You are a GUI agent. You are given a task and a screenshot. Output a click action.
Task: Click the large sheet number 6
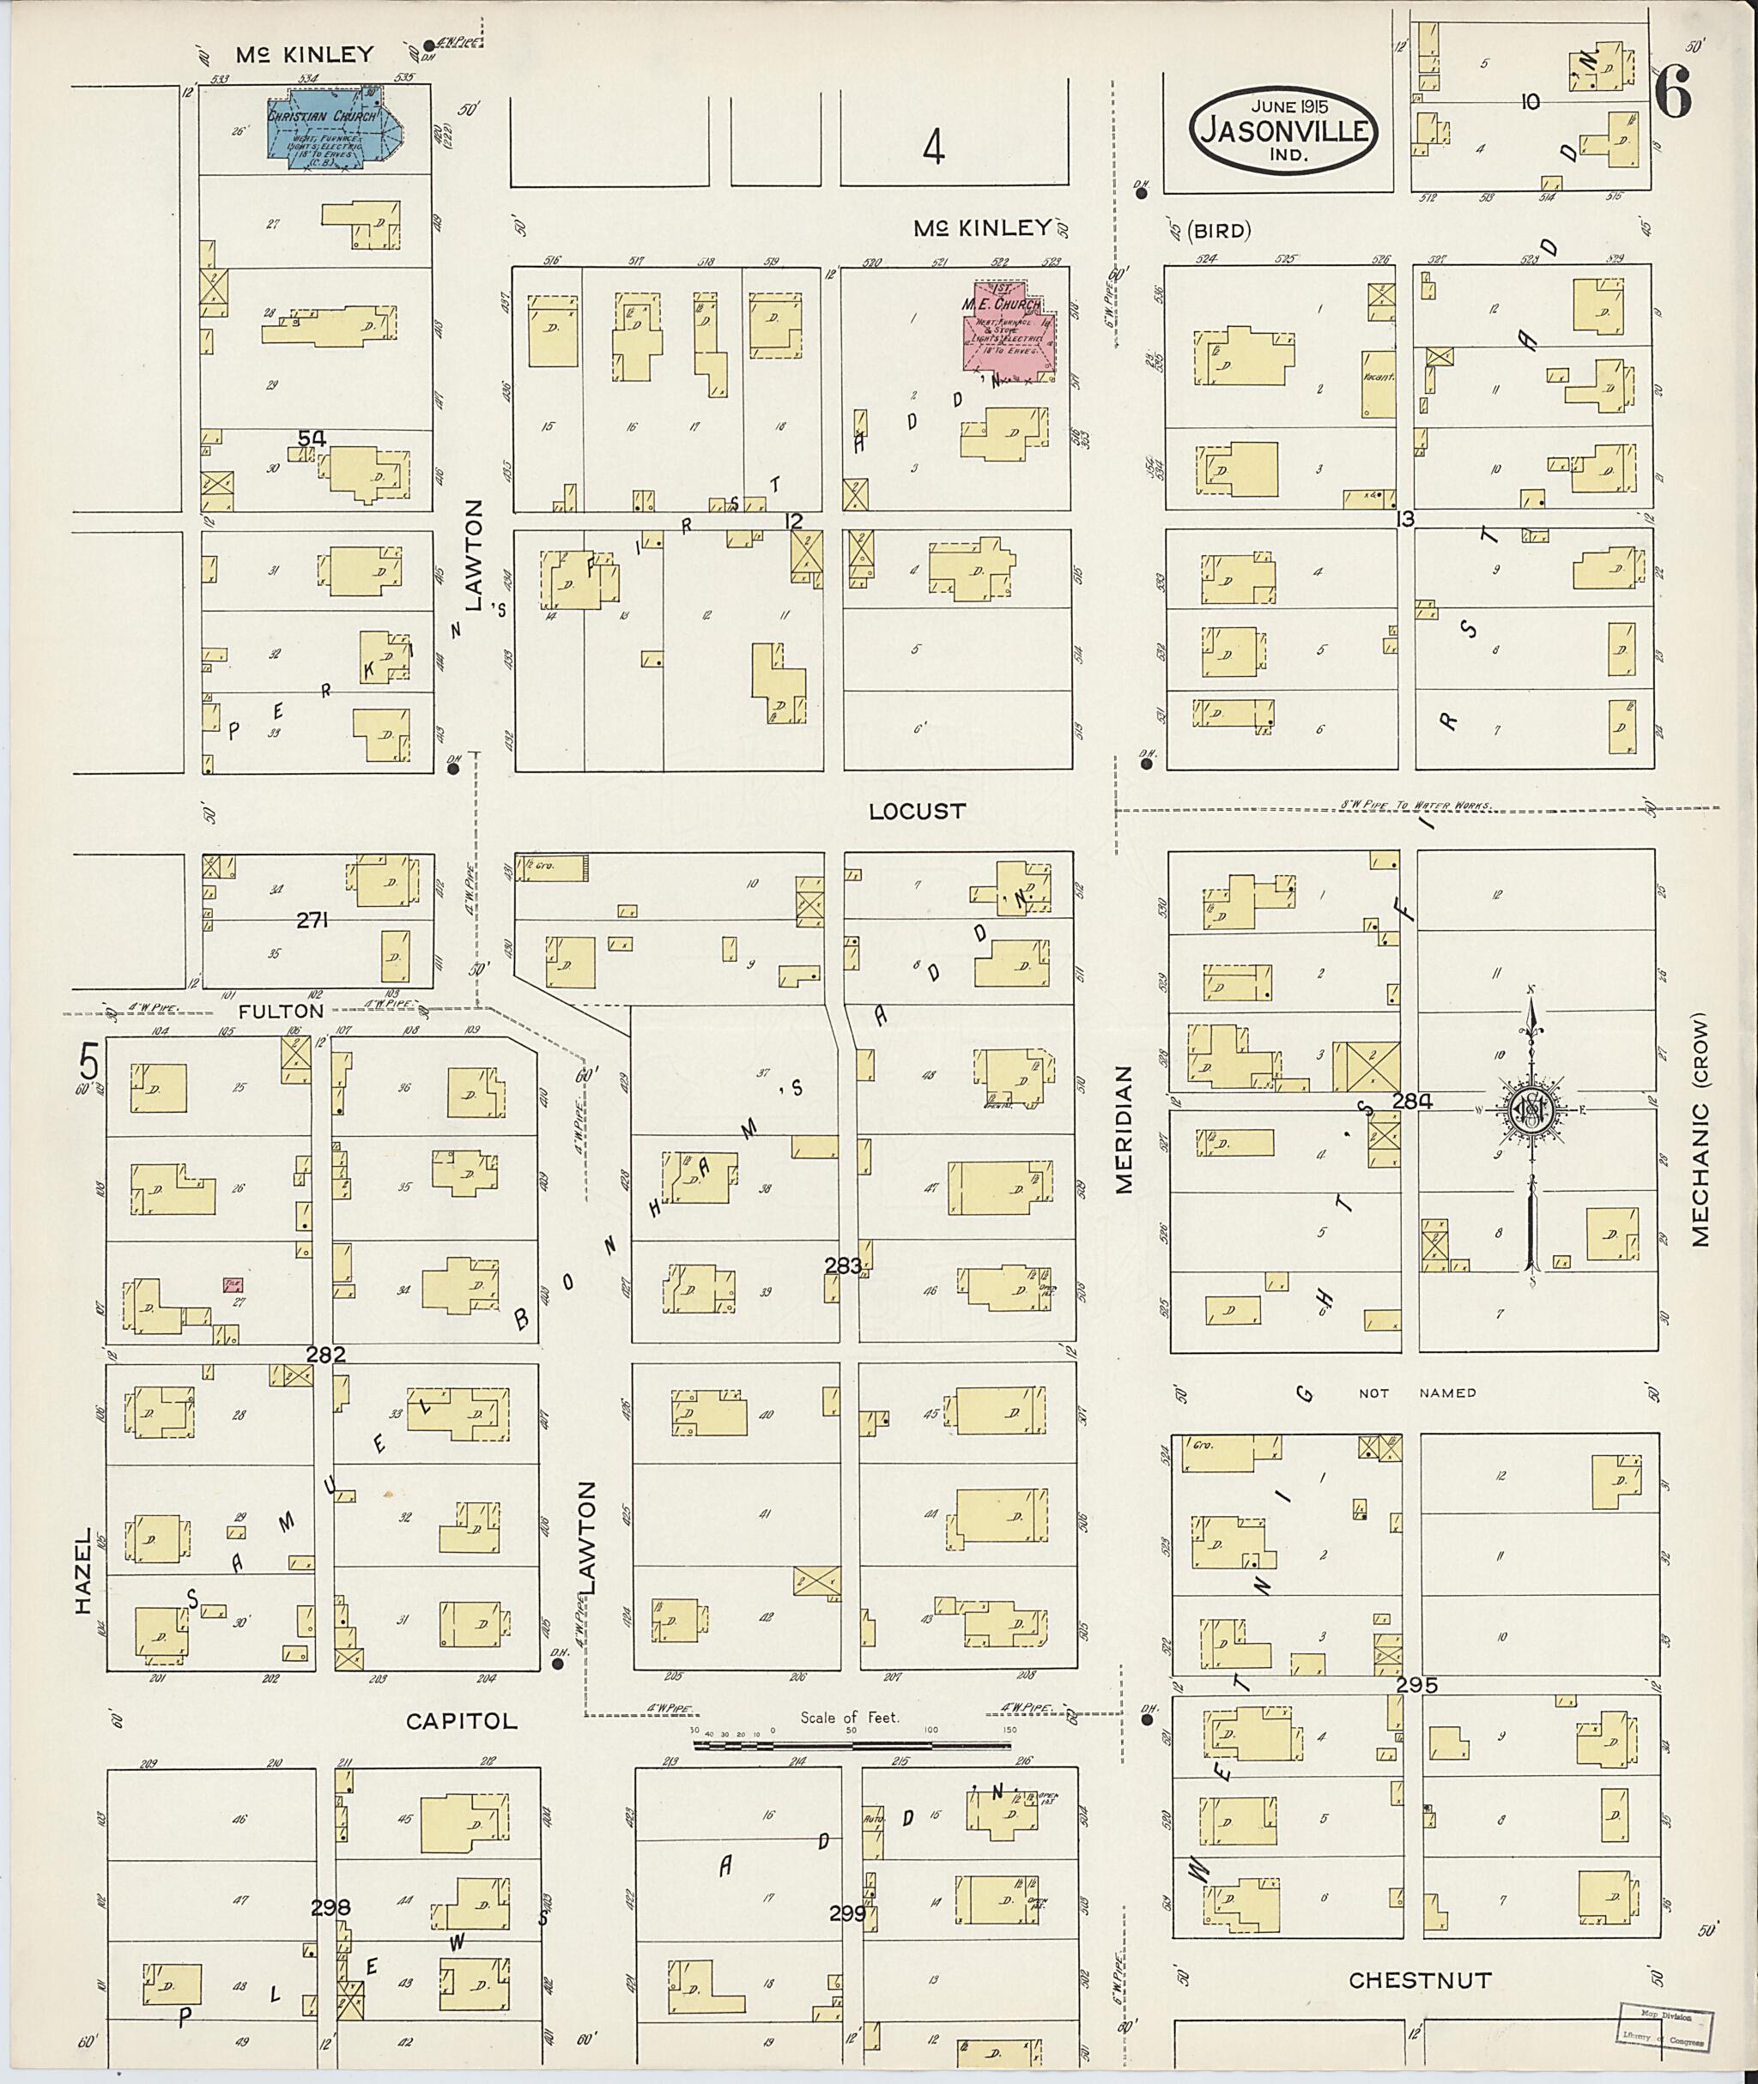click(1673, 94)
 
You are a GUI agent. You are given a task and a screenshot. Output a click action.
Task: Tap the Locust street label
click(917, 811)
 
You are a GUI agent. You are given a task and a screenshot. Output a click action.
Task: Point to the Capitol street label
click(462, 1720)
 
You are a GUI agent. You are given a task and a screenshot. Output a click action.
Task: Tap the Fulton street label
click(281, 1010)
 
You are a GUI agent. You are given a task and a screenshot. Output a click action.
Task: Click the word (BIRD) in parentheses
click(1222, 231)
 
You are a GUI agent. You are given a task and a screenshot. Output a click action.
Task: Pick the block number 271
click(312, 921)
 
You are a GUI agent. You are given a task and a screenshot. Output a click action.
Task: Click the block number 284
click(1411, 1101)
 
